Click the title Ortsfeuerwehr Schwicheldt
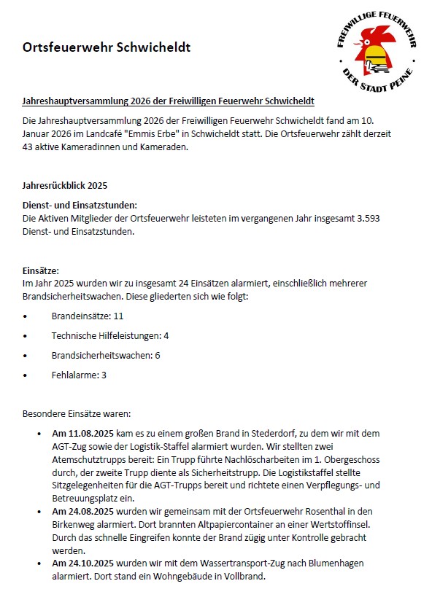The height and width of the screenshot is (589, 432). tap(106, 47)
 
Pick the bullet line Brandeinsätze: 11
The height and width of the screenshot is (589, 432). tap(88, 317)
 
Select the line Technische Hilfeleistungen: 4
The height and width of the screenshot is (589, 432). tap(110, 336)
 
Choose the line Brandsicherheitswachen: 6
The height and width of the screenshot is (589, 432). tap(106, 355)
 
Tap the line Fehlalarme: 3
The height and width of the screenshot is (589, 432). tap(79, 375)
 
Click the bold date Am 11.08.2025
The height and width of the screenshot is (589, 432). tap(86, 433)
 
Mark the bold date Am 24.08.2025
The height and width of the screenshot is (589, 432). tap(86, 512)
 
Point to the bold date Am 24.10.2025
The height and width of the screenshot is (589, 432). tap(86, 563)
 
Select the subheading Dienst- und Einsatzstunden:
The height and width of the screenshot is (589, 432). tap(80, 206)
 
